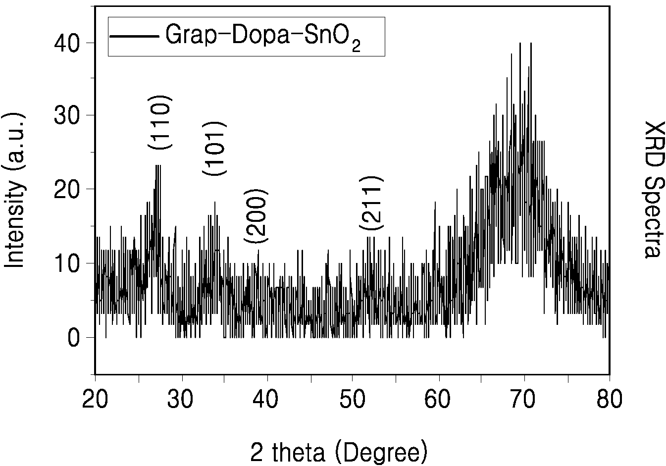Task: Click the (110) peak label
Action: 160,122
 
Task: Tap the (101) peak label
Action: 214,149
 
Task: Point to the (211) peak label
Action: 371,203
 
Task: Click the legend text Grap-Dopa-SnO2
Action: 263,37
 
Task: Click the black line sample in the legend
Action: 134,36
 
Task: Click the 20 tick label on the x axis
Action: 95,399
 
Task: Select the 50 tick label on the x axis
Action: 353,399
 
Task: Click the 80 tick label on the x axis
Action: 609,399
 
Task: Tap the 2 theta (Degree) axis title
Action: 339,452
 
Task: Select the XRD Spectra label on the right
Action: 654,190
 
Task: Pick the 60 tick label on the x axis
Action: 437,399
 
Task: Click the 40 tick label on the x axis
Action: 265,399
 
